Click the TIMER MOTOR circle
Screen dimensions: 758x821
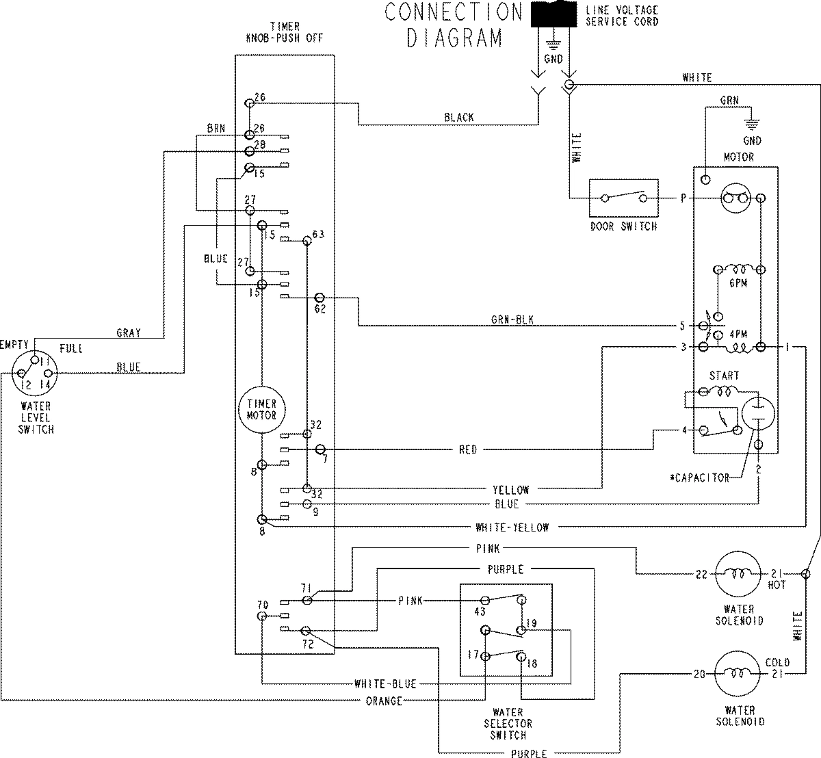[x=261, y=410]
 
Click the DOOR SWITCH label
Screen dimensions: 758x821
[x=623, y=226]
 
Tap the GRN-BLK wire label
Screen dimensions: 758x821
[x=512, y=319]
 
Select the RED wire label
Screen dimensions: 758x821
[x=468, y=450]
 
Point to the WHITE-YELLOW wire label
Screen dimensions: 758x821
[x=512, y=527]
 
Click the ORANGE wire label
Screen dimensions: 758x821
[x=384, y=701]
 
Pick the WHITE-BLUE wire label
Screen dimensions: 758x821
[x=385, y=683]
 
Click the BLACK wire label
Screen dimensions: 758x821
[x=458, y=118]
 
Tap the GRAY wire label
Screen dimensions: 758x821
[x=129, y=333]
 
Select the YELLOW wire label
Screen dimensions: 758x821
[x=510, y=490]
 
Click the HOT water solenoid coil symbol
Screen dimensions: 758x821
[x=738, y=575]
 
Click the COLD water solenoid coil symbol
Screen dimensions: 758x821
[x=738, y=674]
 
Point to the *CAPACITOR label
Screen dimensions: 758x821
[x=699, y=478]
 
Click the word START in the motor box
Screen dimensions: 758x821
[x=724, y=376]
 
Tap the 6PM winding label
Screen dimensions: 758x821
[x=738, y=283]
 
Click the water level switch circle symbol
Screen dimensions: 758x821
[x=35, y=374]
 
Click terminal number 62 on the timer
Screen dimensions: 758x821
[x=320, y=309]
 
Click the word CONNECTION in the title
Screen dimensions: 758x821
[x=453, y=12]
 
